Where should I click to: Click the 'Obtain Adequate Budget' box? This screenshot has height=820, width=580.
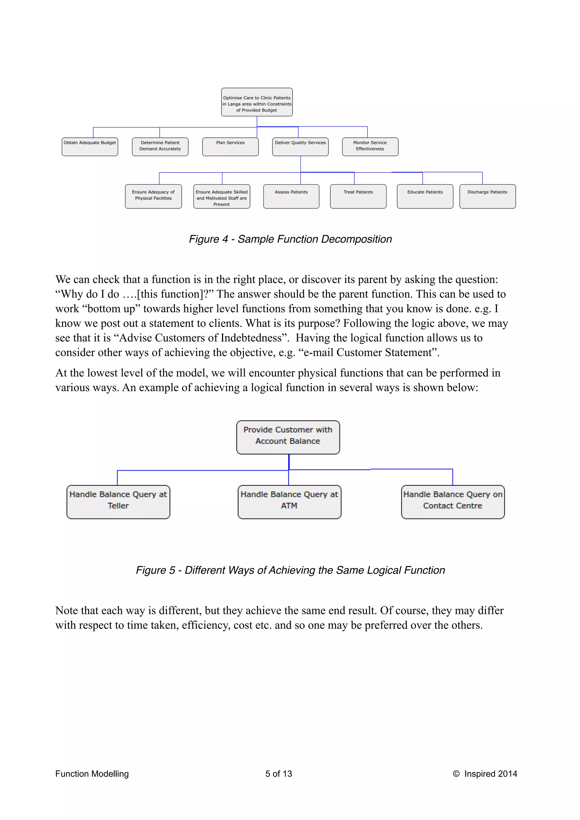pyautogui.click(x=90, y=147)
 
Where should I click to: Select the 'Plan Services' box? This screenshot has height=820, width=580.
pyautogui.click(x=230, y=147)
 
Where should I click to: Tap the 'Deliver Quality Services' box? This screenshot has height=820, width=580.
pyautogui.click(x=300, y=147)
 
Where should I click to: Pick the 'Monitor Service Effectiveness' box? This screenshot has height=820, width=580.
pyautogui.click(x=370, y=147)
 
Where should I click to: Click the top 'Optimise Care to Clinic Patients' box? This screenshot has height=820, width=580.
pyautogui.click(x=257, y=102)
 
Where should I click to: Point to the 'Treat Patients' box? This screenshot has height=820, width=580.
pyautogui.click(x=358, y=196)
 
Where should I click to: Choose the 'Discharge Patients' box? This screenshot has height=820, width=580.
pyautogui.click(x=487, y=196)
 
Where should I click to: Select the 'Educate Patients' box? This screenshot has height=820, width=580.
pyautogui.click(x=425, y=196)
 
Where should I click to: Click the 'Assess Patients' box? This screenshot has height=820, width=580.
pyautogui.click(x=291, y=196)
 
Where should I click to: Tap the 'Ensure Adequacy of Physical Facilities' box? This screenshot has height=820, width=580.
pyautogui.click(x=153, y=196)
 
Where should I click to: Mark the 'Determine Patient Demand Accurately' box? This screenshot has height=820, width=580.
pyautogui.click(x=160, y=147)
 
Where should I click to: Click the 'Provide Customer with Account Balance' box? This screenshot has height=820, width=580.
pyautogui.click(x=288, y=437)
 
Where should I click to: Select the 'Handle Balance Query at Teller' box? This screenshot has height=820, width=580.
pyautogui.click(x=118, y=502)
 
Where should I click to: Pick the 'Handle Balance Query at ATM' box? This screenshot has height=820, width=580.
pyautogui.click(x=289, y=502)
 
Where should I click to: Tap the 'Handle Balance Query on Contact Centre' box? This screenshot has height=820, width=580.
pyautogui.click(x=453, y=502)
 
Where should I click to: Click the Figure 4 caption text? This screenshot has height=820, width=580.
pyautogui.click(x=290, y=239)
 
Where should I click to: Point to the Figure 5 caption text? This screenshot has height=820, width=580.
pyautogui.click(x=290, y=570)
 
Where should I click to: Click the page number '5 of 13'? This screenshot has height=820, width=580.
pyautogui.click(x=278, y=774)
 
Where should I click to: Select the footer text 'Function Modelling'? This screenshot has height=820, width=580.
pyautogui.click(x=92, y=774)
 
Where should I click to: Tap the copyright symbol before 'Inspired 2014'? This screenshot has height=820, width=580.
pyautogui.click(x=456, y=774)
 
